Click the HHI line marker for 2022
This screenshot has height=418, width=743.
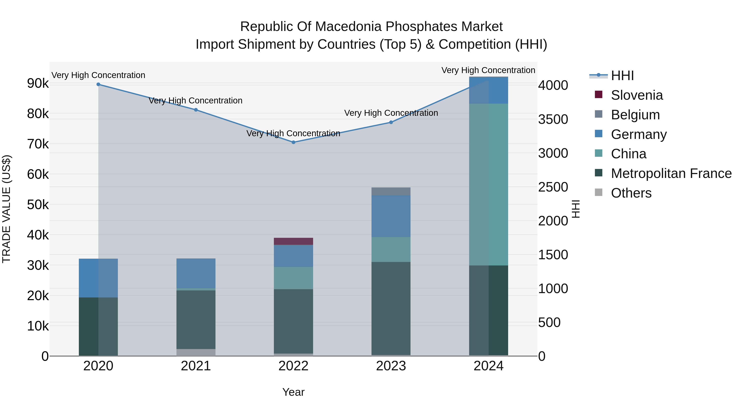[x=293, y=142]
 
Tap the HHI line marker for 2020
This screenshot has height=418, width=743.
[x=98, y=84]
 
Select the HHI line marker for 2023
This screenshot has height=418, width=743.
[x=391, y=122]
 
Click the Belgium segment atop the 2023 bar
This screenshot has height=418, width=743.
[x=391, y=191]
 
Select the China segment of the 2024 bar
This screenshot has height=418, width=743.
[x=488, y=185]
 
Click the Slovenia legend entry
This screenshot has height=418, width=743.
[x=637, y=95]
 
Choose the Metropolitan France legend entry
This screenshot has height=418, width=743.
[x=671, y=173]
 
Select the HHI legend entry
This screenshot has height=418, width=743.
[x=622, y=76]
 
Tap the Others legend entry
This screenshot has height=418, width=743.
[x=631, y=193]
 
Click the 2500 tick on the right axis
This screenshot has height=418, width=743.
[x=553, y=187]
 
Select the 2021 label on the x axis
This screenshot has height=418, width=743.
[x=196, y=366]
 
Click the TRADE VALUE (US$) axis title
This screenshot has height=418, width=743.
[x=6, y=209]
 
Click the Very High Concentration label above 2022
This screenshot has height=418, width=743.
[x=293, y=133]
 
